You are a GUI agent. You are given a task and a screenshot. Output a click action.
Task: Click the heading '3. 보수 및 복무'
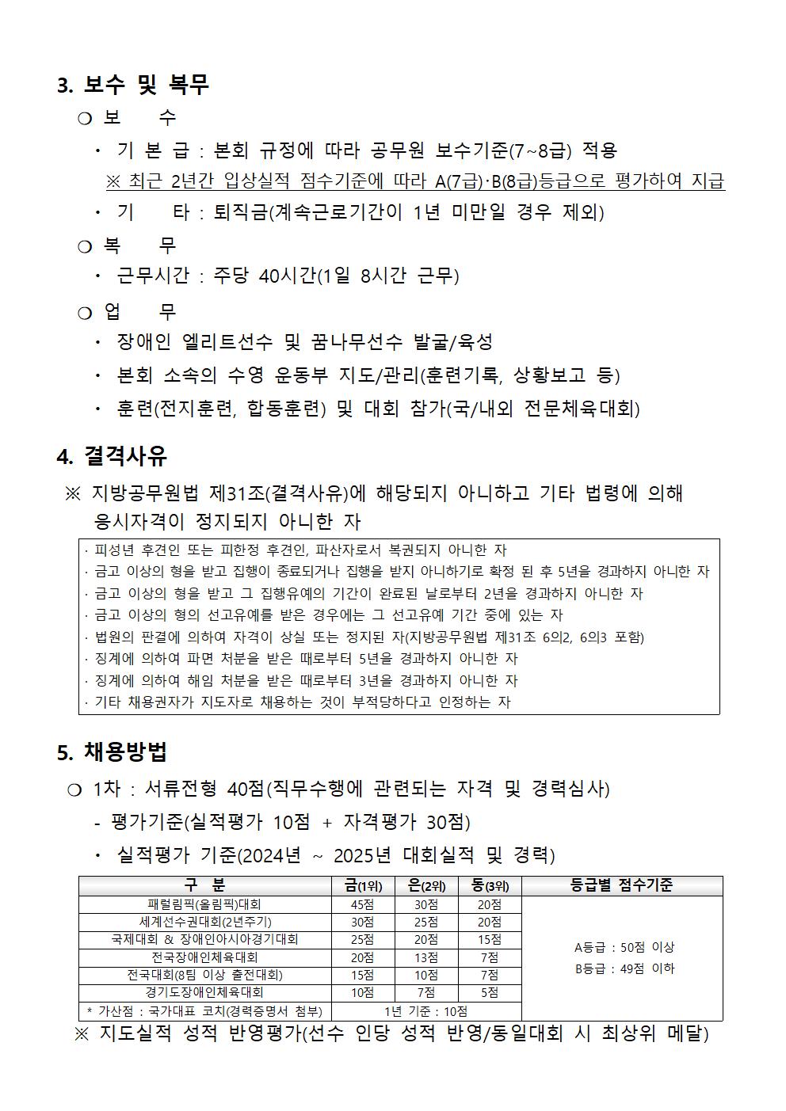click(133, 85)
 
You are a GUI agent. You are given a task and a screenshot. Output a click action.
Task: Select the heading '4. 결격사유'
click(112, 456)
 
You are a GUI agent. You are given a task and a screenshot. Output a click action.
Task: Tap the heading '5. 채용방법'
click(112, 751)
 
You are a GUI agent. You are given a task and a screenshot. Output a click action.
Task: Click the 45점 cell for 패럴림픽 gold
click(363, 904)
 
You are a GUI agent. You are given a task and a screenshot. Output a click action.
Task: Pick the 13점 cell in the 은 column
click(426, 957)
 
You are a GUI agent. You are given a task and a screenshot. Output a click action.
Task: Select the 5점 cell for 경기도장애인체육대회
click(490, 992)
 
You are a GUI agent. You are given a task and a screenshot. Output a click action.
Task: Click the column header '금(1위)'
click(363, 886)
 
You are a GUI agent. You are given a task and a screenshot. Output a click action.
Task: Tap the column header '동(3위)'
click(490, 886)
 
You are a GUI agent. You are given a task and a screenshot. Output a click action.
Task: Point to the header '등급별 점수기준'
click(622, 886)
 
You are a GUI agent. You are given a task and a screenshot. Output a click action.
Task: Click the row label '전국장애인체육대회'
click(204, 957)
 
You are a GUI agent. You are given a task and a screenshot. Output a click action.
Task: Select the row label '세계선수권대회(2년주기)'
click(204, 922)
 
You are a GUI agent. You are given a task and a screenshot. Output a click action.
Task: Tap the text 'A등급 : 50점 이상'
click(624, 947)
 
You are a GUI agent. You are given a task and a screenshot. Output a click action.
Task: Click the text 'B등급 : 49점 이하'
click(624, 968)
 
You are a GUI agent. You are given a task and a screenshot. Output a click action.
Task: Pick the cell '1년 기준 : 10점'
click(425, 1011)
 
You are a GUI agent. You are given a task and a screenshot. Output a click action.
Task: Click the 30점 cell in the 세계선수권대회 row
click(363, 922)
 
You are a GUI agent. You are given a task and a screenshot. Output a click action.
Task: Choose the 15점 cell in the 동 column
click(490, 939)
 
